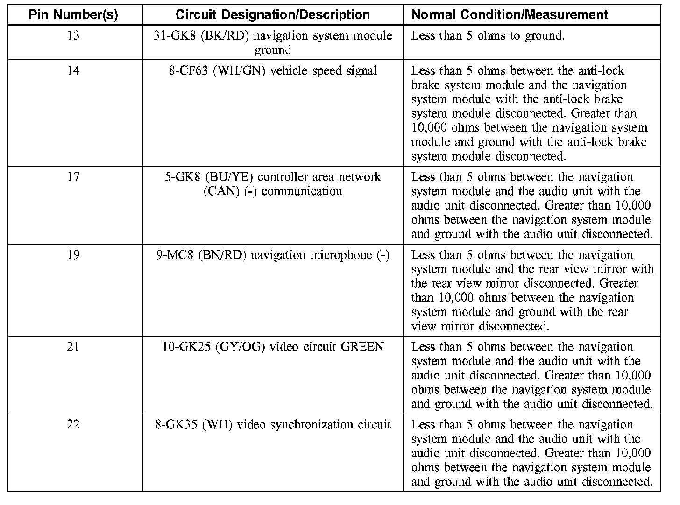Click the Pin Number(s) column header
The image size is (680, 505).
(73, 14)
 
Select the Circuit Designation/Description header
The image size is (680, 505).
(273, 14)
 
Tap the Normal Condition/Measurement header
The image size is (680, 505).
(510, 14)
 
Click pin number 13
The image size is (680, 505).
(73, 35)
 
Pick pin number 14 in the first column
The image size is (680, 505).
(73, 70)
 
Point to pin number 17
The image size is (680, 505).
(73, 177)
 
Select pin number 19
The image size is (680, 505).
(73, 255)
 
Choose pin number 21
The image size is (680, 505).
(73, 347)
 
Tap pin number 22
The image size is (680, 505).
(73, 425)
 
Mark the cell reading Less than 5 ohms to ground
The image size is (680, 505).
(488, 36)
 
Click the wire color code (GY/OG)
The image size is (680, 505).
(240, 347)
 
